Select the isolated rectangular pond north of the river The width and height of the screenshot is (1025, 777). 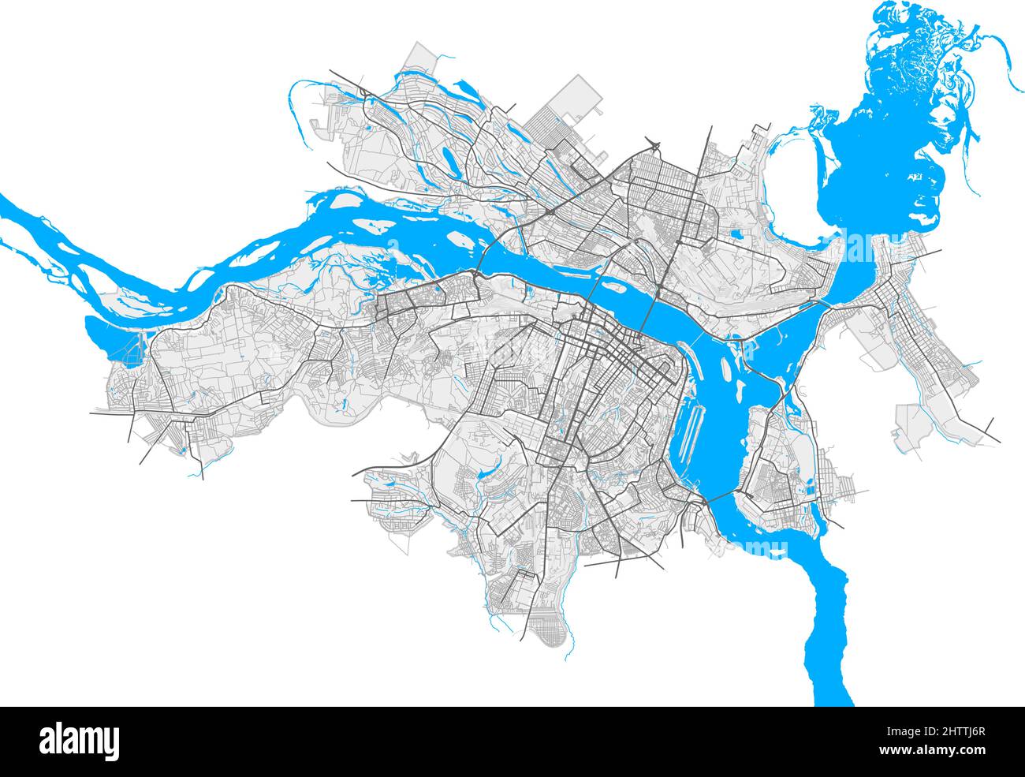[737, 233]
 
